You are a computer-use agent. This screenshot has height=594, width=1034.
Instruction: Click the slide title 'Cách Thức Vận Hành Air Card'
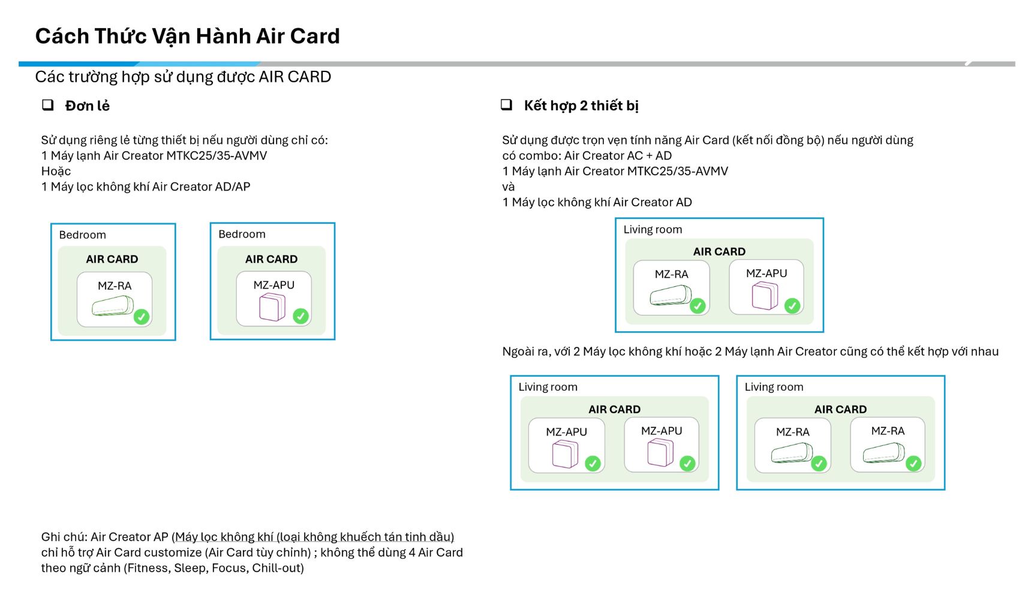point(187,36)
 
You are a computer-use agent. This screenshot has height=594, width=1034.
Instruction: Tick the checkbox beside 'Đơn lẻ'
point(47,105)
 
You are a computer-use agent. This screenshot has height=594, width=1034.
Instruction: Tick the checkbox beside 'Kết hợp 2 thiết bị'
point(507,104)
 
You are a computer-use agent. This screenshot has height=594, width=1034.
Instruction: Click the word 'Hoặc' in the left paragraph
point(56,171)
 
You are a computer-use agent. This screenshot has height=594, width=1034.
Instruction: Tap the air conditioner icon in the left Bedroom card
point(113,306)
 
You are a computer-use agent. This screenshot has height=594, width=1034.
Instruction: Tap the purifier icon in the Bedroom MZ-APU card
point(272,307)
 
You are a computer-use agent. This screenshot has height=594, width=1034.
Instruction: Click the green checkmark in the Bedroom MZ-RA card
point(142,316)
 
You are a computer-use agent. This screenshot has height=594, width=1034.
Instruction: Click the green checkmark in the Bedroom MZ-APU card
point(300,316)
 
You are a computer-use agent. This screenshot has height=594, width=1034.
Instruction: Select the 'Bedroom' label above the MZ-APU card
point(242,234)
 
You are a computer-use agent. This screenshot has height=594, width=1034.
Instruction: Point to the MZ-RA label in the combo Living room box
point(671,274)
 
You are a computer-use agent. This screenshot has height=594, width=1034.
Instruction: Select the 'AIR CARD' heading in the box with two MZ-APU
point(614,409)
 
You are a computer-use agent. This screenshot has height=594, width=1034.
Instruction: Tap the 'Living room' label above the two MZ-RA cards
point(774,387)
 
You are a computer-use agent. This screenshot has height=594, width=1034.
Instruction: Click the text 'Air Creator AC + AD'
point(618,155)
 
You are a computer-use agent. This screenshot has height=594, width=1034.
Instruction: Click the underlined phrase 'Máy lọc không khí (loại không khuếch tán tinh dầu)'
point(315,537)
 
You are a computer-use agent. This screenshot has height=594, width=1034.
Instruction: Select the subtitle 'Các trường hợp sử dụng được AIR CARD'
point(183,77)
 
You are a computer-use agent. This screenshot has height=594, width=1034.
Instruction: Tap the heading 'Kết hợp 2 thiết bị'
point(581,106)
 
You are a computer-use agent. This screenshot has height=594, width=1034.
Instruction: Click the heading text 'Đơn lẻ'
point(88,106)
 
